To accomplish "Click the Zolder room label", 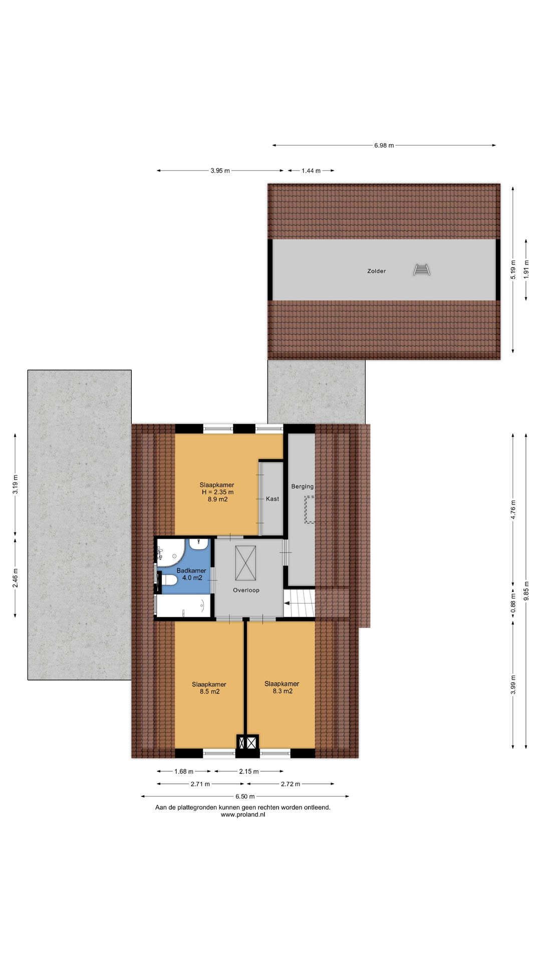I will click(x=376, y=271).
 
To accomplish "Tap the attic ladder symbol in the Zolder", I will click(x=422, y=270).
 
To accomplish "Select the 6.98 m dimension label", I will click(x=384, y=146).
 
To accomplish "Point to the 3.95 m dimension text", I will click(x=220, y=171).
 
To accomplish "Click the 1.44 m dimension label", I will click(x=311, y=171).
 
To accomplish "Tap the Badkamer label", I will click(x=191, y=571).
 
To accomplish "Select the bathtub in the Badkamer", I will click(x=183, y=606).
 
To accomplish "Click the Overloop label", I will click(x=246, y=590).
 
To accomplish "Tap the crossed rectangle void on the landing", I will click(x=245, y=563).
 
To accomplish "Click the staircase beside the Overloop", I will click(x=300, y=603).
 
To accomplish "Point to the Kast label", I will click(x=273, y=499).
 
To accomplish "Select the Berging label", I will click(x=303, y=487).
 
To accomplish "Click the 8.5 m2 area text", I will click(x=209, y=692).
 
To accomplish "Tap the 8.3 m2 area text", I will click(x=283, y=691).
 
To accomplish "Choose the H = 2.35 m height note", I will click(x=217, y=492).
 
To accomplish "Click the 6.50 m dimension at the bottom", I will click(x=245, y=796).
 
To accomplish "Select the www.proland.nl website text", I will click(x=243, y=814).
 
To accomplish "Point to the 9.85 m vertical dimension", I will click(x=526, y=590).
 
